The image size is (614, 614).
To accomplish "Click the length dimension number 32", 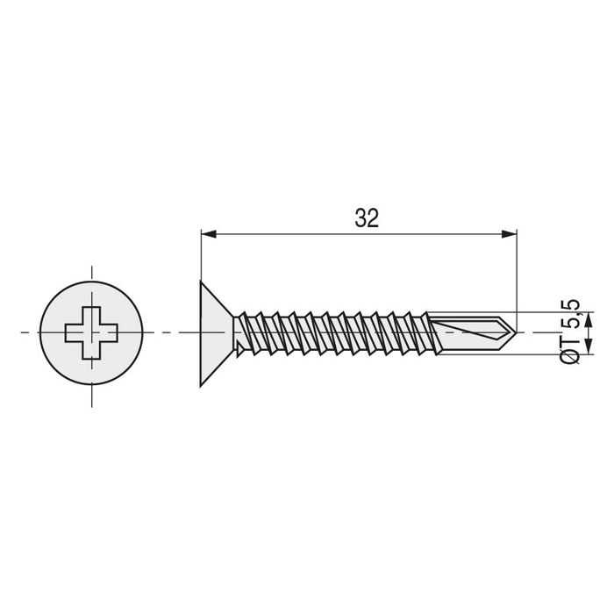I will (x=367, y=218).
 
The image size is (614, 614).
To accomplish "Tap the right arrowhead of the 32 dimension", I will (x=508, y=233).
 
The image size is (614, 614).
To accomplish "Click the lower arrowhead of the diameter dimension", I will (x=589, y=347).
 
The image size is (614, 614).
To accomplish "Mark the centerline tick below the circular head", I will (x=91, y=396).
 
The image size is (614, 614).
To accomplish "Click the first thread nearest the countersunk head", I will (x=250, y=332).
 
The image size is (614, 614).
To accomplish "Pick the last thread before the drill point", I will (x=422, y=332).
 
